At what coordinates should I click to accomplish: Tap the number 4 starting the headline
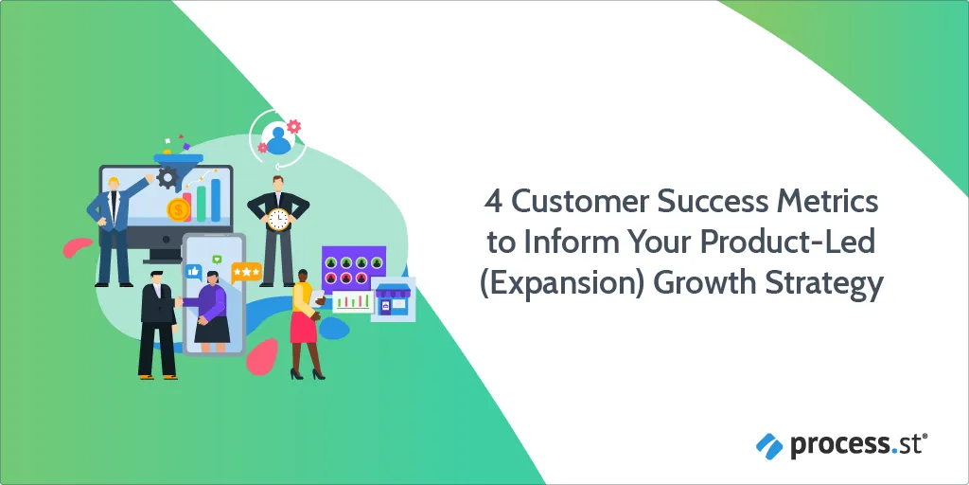tap(493, 203)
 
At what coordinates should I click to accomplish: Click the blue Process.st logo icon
tap(769, 445)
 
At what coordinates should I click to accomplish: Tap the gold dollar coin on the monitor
tap(179, 210)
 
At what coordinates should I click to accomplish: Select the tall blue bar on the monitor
tap(216, 200)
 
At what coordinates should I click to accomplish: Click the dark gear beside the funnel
tap(167, 178)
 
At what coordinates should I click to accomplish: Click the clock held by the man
tap(279, 219)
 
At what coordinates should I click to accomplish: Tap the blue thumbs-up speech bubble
tap(193, 272)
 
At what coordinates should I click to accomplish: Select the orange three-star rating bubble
tap(246, 272)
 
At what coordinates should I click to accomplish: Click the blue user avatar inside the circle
tap(278, 140)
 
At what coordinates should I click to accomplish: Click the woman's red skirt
tap(304, 327)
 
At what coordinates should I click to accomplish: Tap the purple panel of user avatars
tap(354, 269)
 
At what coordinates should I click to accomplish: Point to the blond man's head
tap(114, 185)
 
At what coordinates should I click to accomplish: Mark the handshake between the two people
tap(178, 301)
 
